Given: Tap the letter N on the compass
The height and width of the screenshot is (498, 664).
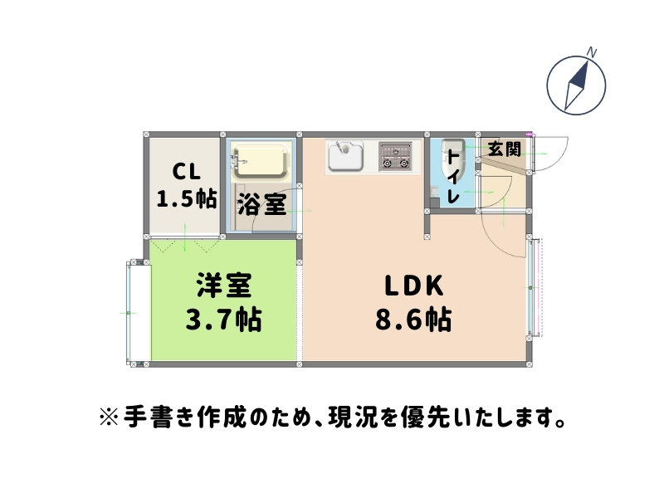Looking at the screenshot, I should click(x=592, y=51).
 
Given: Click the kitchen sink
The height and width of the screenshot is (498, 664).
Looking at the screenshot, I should click(x=345, y=155).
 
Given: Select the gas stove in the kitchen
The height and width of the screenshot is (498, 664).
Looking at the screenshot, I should click(x=396, y=155).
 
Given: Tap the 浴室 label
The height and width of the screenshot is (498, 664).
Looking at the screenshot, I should click(x=261, y=204).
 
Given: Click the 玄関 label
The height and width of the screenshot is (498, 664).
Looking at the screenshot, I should click(x=504, y=149).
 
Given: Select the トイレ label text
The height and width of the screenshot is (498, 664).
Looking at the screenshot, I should click(x=453, y=175).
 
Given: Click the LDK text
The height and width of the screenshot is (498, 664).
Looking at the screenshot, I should click(x=414, y=286).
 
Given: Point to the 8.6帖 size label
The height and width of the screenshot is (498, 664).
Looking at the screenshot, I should click(x=413, y=320).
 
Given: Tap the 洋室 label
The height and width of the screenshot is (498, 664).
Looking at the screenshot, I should click(x=223, y=286).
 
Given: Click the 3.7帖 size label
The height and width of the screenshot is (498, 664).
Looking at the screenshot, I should click(x=222, y=319).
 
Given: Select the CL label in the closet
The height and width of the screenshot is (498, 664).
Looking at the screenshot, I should click(x=187, y=172).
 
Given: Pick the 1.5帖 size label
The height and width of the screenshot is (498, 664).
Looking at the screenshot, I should click(x=187, y=198).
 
